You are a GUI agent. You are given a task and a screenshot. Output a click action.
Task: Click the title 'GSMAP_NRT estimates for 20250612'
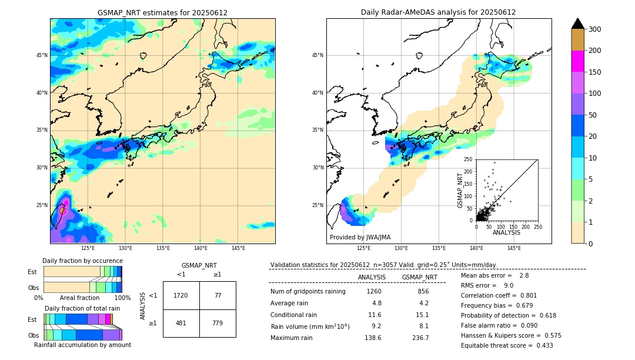coord(162,12)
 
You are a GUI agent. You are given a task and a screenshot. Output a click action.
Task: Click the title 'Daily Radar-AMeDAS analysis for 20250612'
coord(439,12)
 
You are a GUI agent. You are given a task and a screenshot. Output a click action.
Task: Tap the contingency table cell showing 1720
coord(181,295)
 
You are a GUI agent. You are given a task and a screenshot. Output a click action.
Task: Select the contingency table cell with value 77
coord(218,295)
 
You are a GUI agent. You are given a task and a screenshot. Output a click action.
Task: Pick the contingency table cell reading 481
coord(181,323)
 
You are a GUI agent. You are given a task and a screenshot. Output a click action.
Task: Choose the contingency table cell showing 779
coord(218,323)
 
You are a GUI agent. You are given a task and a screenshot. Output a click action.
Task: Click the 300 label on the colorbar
coord(595,29)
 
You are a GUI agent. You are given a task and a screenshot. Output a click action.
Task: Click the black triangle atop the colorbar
coord(578,24)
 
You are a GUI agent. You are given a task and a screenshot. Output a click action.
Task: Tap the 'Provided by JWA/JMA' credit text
coord(360,238)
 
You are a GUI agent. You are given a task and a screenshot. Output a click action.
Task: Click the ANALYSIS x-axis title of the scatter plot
coord(506,232)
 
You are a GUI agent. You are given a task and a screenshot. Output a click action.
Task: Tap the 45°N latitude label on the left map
coord(42,55)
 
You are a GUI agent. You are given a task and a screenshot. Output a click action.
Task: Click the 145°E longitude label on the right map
coord(514,248)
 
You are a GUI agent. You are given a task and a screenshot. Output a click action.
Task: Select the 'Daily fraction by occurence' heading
coord(82,261)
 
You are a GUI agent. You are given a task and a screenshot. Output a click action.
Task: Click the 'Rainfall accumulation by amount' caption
coord(82,345)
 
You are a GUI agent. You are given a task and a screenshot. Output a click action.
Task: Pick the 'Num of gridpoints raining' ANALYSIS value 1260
coord(374,291)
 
